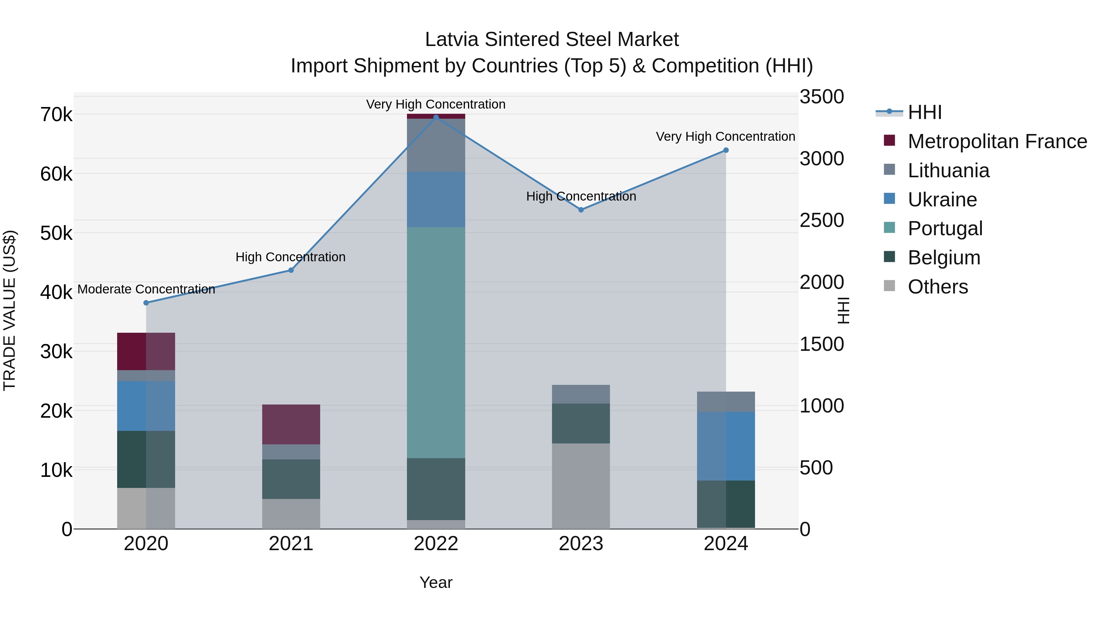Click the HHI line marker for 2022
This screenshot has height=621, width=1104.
[x=436, y=117]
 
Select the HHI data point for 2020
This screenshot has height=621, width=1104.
[x=146, y=303]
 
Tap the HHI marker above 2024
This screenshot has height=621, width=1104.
[x=726, y=151]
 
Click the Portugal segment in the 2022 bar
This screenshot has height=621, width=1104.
[x=436, y=343]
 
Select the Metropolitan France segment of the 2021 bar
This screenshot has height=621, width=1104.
[x=291, y=424]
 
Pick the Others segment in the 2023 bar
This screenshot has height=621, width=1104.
[x=581, y=486]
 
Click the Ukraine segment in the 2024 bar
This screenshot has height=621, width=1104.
[x=726, y=446]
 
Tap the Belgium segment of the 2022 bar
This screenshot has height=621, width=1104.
[x=436, y=489]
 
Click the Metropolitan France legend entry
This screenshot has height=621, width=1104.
[x=997, y=141]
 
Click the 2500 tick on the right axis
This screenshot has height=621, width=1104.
[x=822, y=220]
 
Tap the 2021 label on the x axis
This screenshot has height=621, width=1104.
[x=291, y=544]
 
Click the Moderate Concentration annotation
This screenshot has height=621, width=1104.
[x=146, y=289]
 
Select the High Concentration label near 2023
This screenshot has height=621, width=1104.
[x=581, y=196]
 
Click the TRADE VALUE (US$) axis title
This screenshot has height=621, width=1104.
[x=10, y=310]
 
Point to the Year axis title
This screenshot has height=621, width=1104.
[x=436, y=582]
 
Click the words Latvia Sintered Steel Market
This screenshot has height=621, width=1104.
[x=552, y=40]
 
